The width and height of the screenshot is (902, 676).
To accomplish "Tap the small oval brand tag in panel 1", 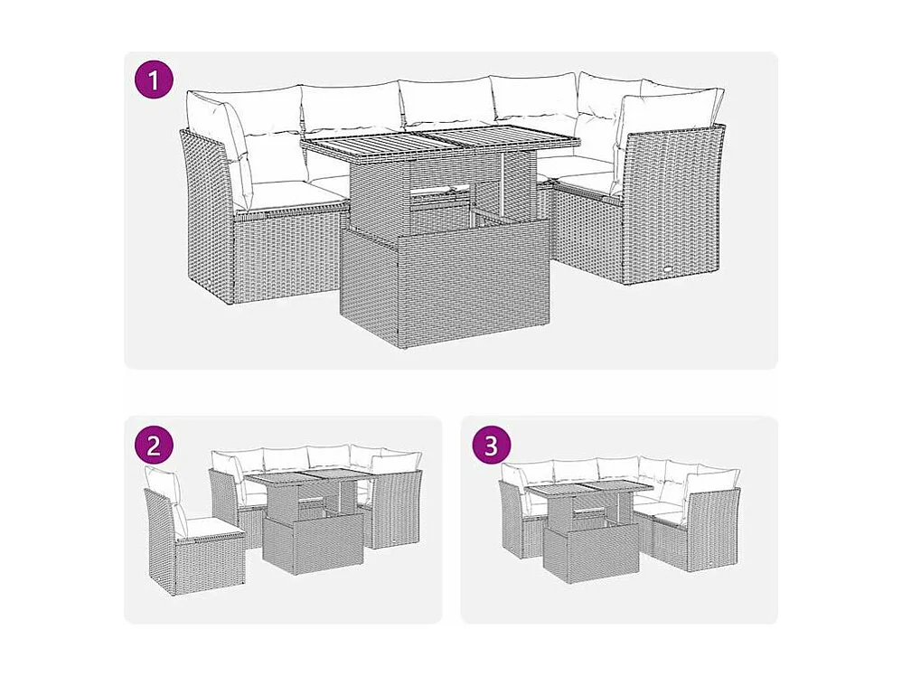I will [x=670, y=268].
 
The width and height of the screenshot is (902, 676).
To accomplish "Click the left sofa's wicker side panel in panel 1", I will [x=206, y=217].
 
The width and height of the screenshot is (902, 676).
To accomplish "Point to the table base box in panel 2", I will [x=312, y=543].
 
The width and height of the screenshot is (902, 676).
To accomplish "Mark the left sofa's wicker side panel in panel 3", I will [x=511, y=520].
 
